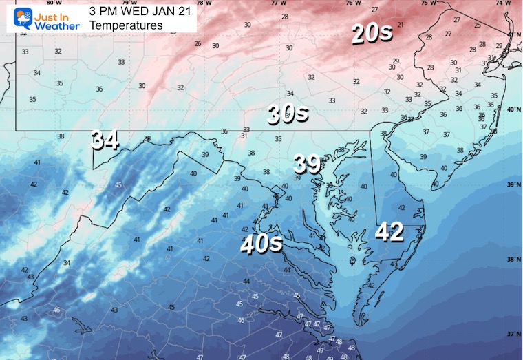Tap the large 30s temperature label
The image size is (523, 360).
pyautogui.click(x=288, y=114)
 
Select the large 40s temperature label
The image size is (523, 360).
pyautogui.click(x=261, y=244)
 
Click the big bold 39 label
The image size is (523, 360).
pyautogui.click(x=308, y=164)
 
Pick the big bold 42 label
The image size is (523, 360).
pyautogui.click(x=389, y=232)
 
